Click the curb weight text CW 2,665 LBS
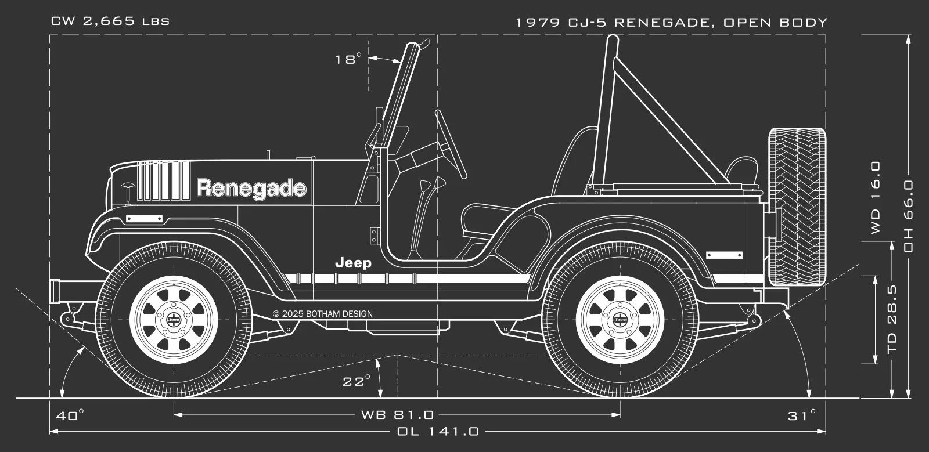tap(110, 22)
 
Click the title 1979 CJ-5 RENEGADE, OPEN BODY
tap(671, 23)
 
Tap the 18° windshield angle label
tap(348, 59)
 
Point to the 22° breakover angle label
tap(356, 381)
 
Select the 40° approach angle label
tap(70, 415)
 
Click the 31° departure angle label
tap(802, 415)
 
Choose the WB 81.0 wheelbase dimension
tap(397, 415)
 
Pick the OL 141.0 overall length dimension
tap(438, 432)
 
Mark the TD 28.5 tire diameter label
tap(892, 319)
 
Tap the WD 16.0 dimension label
tap(876, 197)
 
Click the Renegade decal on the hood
tap(251, 189)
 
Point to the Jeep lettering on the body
tap(353, 263)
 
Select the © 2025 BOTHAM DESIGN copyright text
tap(323, 314)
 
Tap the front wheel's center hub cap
tap(173, 320)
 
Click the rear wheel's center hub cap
tap(620, 320)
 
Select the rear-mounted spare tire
tap(797, 207)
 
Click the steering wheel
tap(451, 144)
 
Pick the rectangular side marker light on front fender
tap(144, 219)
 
